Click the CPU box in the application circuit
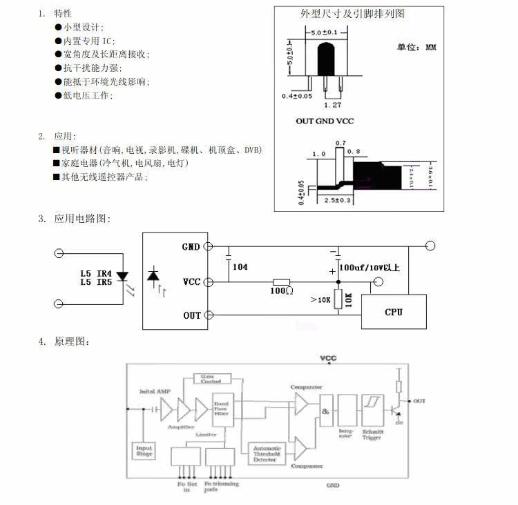tap(393, 312)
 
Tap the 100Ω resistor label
tap(281, 292)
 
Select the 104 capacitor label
tap(240, 267)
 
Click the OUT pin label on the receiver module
tap(191, 315)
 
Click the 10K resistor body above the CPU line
tap(338, 299)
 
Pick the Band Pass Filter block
tap(222, 409)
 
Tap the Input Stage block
tap(144, 451)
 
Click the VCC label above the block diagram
tap(329, 359)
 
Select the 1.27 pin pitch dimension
tap(333, 105)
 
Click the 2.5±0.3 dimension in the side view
tap(337, 200)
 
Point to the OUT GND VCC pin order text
tap(325, 121)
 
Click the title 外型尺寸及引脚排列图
tap(352, 14)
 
